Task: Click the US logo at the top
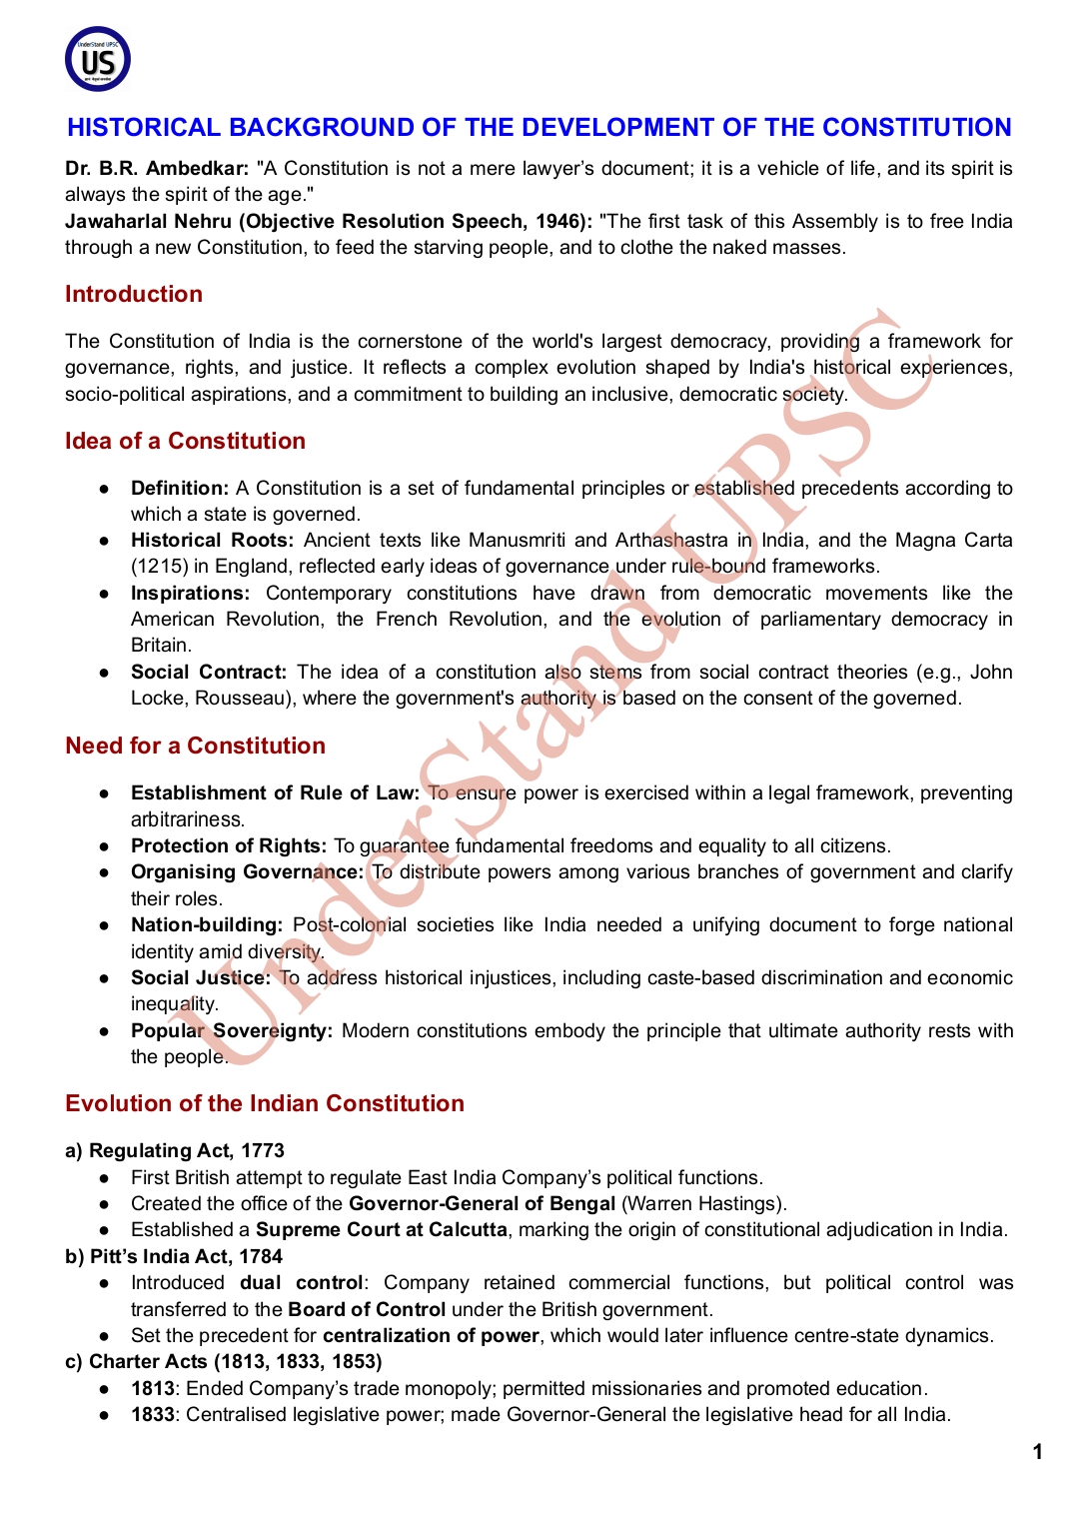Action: (x=98, y=59)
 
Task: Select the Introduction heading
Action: (x=134, y=294)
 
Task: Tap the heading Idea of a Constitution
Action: (x=185, y=441)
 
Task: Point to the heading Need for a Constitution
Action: (x=195, y=746)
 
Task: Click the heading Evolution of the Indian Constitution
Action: (x=265, y=1103)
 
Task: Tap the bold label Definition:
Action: (x=180, y=488)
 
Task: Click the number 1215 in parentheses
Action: (x=160, y=566)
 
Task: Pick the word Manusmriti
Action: (x=517, y=540)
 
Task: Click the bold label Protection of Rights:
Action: (x=229, y=845)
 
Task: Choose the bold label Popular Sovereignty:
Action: (x=232, y=1030)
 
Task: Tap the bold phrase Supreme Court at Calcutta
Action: (x=382, y=1229)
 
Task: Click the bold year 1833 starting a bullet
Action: (x=152, y=1414)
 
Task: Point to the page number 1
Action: (x=1038, y=1452)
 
